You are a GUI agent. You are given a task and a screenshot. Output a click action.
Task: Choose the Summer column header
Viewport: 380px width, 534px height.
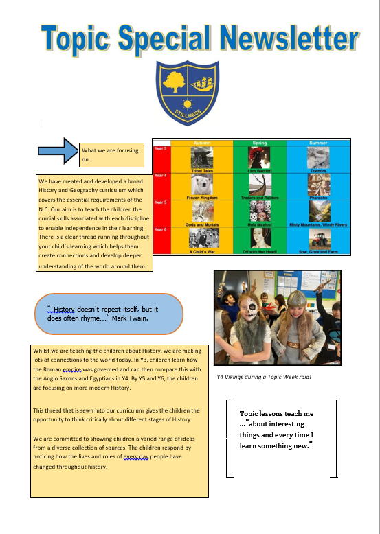pos(318,143)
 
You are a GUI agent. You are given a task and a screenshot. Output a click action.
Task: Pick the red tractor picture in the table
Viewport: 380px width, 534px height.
pos(319,240)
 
